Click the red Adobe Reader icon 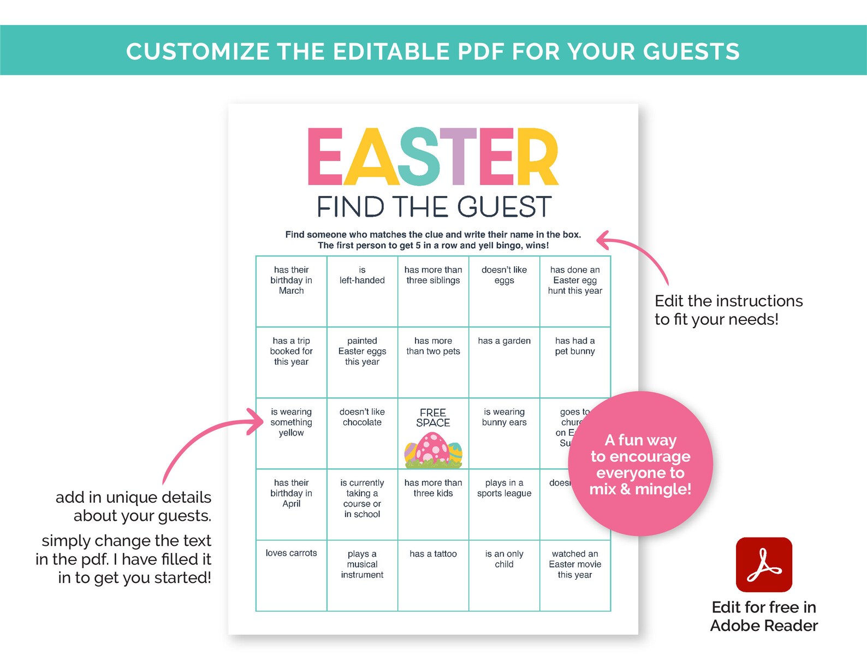(x=764, y=564)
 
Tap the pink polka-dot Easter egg (x=432, y=449)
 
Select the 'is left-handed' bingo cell (x=362, y=291)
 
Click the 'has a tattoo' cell (x=433, y=575)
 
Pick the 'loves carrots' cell (x=291, y=575)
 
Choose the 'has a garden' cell (x=504, y=362)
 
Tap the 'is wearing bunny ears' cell (x=504, y=433)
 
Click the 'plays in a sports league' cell (x=504, y=504)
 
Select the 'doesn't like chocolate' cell (x=362, y=433)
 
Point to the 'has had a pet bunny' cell (x=575, y=362)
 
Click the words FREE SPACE (x=433, y=418)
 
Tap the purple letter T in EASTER (x=458, y=157)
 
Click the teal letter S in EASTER (x=418, y=157)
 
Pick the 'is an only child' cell (x=504, y=575)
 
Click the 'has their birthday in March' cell (x=291, y=291)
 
